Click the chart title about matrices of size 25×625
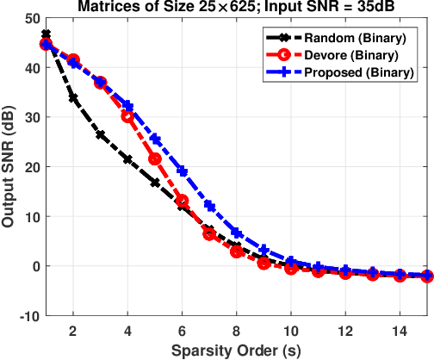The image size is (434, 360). coord(235,8)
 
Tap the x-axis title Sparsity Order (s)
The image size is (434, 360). coord(235,351)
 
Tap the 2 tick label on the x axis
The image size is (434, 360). coord(73,331)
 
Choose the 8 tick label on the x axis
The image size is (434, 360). coord(236,331)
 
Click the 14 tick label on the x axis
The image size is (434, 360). coord(400,331)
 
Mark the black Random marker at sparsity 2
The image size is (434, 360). coord(73,99)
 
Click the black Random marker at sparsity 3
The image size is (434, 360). coord(101,135)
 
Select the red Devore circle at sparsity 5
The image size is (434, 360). coord(155,159)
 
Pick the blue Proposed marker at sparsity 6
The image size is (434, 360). coord(183,171)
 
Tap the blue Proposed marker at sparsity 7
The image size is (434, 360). coord(209,206)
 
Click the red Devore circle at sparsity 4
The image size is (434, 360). coord(127,116)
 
